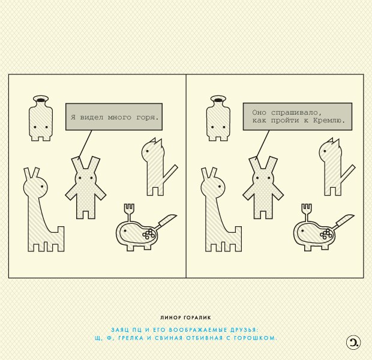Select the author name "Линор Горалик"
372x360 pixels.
[x=185, y=317]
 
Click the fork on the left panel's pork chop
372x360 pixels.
[x=129, y=212]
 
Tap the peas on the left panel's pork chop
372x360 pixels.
[x=149, y=234]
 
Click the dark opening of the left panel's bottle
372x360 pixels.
[x=41, y=100]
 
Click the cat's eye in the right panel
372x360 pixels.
[x=325, y=151]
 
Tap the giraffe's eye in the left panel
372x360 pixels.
[x=42, y=186]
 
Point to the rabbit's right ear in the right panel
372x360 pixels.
[x=271, y=165]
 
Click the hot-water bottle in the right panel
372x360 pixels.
[x=218, y=118]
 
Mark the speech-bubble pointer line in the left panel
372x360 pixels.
[x=85, y=143]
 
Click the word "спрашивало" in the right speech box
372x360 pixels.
[x=296, y=112]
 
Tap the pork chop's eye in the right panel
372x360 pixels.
[x=302, y=230]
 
